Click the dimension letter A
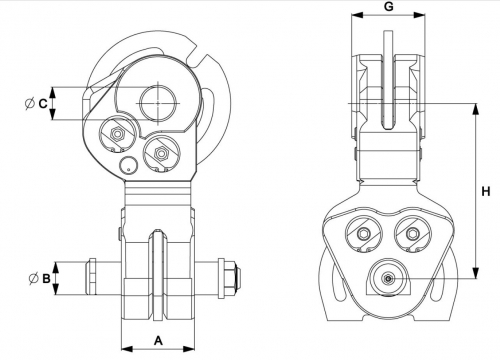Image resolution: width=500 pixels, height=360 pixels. coord(159,341)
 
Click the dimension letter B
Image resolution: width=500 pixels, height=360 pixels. coord(46,278)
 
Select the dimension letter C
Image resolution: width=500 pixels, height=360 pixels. coord(43,104)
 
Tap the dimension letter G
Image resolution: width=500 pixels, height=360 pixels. coord(389,6)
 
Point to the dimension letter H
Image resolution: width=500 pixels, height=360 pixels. coord(486,192)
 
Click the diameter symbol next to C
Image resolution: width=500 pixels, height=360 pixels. coord(30,104)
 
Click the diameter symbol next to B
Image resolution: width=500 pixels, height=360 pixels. coord(33,278)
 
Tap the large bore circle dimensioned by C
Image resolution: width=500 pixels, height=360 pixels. coord(158,103)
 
